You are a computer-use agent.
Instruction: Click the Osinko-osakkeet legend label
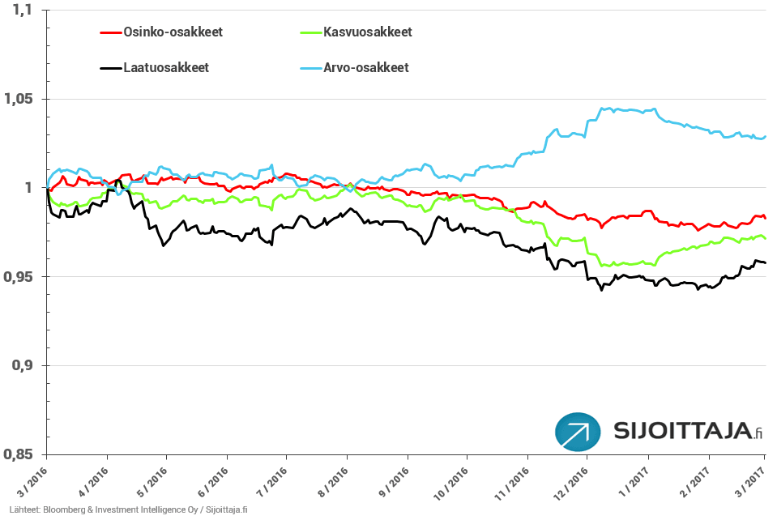173,32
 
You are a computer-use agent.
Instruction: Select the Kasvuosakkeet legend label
367,32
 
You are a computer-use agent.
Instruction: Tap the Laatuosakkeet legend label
166,67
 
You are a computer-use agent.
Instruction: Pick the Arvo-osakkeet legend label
365,67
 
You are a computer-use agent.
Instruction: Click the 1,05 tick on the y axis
19,99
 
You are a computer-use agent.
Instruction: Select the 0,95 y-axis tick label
19,277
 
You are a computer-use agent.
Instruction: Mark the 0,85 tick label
19,455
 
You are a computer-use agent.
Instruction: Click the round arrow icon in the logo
578,433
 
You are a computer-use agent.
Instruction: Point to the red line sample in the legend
110,32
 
